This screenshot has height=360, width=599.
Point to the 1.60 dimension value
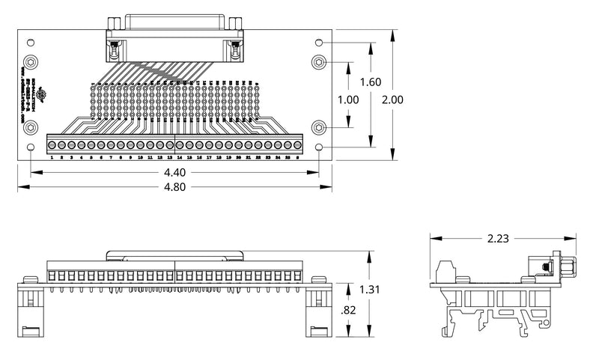coord(371,82)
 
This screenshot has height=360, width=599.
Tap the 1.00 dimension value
coord(349,100)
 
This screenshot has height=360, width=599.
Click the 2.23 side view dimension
coord(496,239)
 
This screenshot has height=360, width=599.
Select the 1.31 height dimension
coord(368,290)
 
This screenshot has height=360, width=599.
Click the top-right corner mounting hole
coord(320,43)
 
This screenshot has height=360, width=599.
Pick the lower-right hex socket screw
coord(319,128)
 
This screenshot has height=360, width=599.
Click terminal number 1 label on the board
coord(50,159)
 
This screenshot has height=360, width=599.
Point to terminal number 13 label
coord(169,159)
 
